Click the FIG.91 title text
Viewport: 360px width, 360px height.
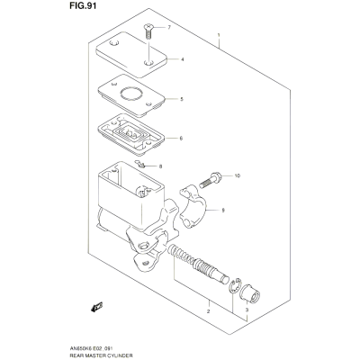pyautogui.click(x=83, y=6)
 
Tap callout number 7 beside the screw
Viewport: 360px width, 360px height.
pyautogui.click(x=169, y=28)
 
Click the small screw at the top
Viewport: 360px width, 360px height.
pyautogui.click(x=148, y=31)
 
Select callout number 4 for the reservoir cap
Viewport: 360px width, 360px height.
pyautogui.click(x=182, y=59)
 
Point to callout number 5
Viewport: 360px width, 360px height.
pyautogui.click(x=182, y=99)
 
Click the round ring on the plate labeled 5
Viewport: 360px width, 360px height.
pyautogui.click(x=131, y=94)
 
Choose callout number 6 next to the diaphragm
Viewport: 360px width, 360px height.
pyautogui.click(x=181, y=139)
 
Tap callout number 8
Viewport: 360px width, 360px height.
pyautogui.click(x=160, y=166)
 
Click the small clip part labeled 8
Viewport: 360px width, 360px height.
pyautogui.click(x=140, y=164)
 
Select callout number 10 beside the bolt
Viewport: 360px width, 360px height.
pyautogui.click(x=238, y=175)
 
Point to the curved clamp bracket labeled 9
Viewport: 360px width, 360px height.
pyautogui.click(x=193, y=206)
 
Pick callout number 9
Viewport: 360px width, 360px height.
pyautogui.click(x=223, y=211)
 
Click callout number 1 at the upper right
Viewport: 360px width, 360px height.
pyautogui.click(x=219, y=35)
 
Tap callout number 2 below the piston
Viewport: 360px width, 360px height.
pyautogui.click(x=208, y=311)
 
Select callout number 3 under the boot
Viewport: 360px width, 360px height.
pyautogui.click(x=247, y=310)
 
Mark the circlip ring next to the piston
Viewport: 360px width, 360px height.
pyautogui.click(x=235, y=285)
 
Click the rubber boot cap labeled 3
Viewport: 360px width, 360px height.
pyautogui.click(x=251, y=292)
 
